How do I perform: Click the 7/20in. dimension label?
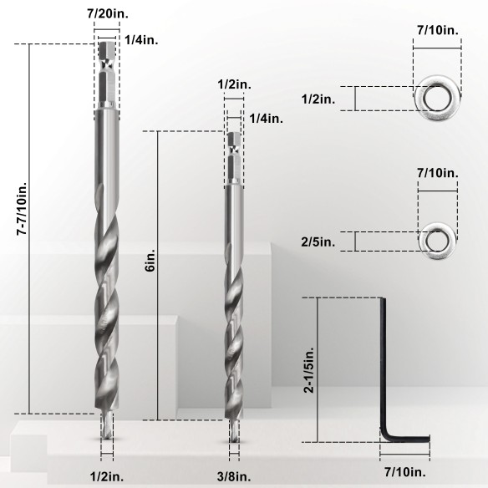point(107,14)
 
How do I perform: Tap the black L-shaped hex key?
point(390,376)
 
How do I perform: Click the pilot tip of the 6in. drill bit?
point(232,433)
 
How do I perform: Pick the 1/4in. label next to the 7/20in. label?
point(138,39)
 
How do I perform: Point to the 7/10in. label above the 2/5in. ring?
point(437,173)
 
